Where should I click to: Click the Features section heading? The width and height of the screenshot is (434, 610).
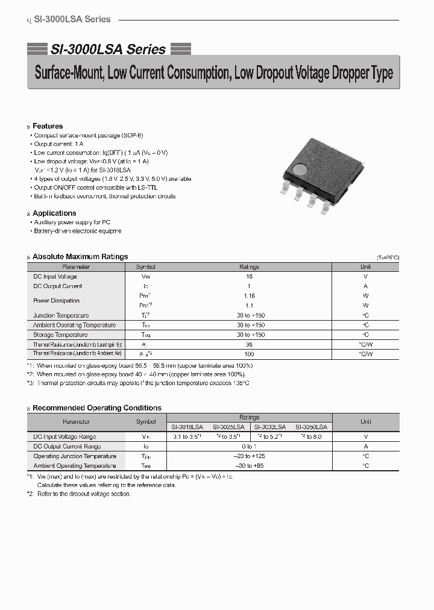[48, 126]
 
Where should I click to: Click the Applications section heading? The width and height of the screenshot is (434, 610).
[54, 213]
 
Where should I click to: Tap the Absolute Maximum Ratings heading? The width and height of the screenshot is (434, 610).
[80, 257]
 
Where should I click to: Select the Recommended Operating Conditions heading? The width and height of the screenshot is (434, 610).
[96, 408]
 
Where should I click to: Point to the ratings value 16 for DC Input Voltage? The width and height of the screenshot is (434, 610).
[249, 277]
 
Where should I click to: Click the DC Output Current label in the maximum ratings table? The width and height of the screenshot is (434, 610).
[58, 286]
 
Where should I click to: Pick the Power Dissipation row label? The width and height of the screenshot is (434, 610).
[56, 301]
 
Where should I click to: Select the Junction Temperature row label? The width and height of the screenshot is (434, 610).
[61, 315]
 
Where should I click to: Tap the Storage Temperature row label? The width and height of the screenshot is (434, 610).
[60, 335]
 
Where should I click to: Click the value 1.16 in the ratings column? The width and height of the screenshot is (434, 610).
[249, 296]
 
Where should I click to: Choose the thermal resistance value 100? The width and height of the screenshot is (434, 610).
[249, 354]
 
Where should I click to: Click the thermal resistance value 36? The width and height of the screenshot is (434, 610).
[249, 344]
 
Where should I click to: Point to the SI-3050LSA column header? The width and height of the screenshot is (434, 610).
[311, 427]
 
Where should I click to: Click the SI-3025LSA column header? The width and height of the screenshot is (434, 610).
[228, 427]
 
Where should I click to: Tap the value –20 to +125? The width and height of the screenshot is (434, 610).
[249, 456]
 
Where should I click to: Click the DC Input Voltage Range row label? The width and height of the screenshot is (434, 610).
[64, 436]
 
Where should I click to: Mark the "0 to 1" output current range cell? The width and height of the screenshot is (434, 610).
[249, 447]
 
